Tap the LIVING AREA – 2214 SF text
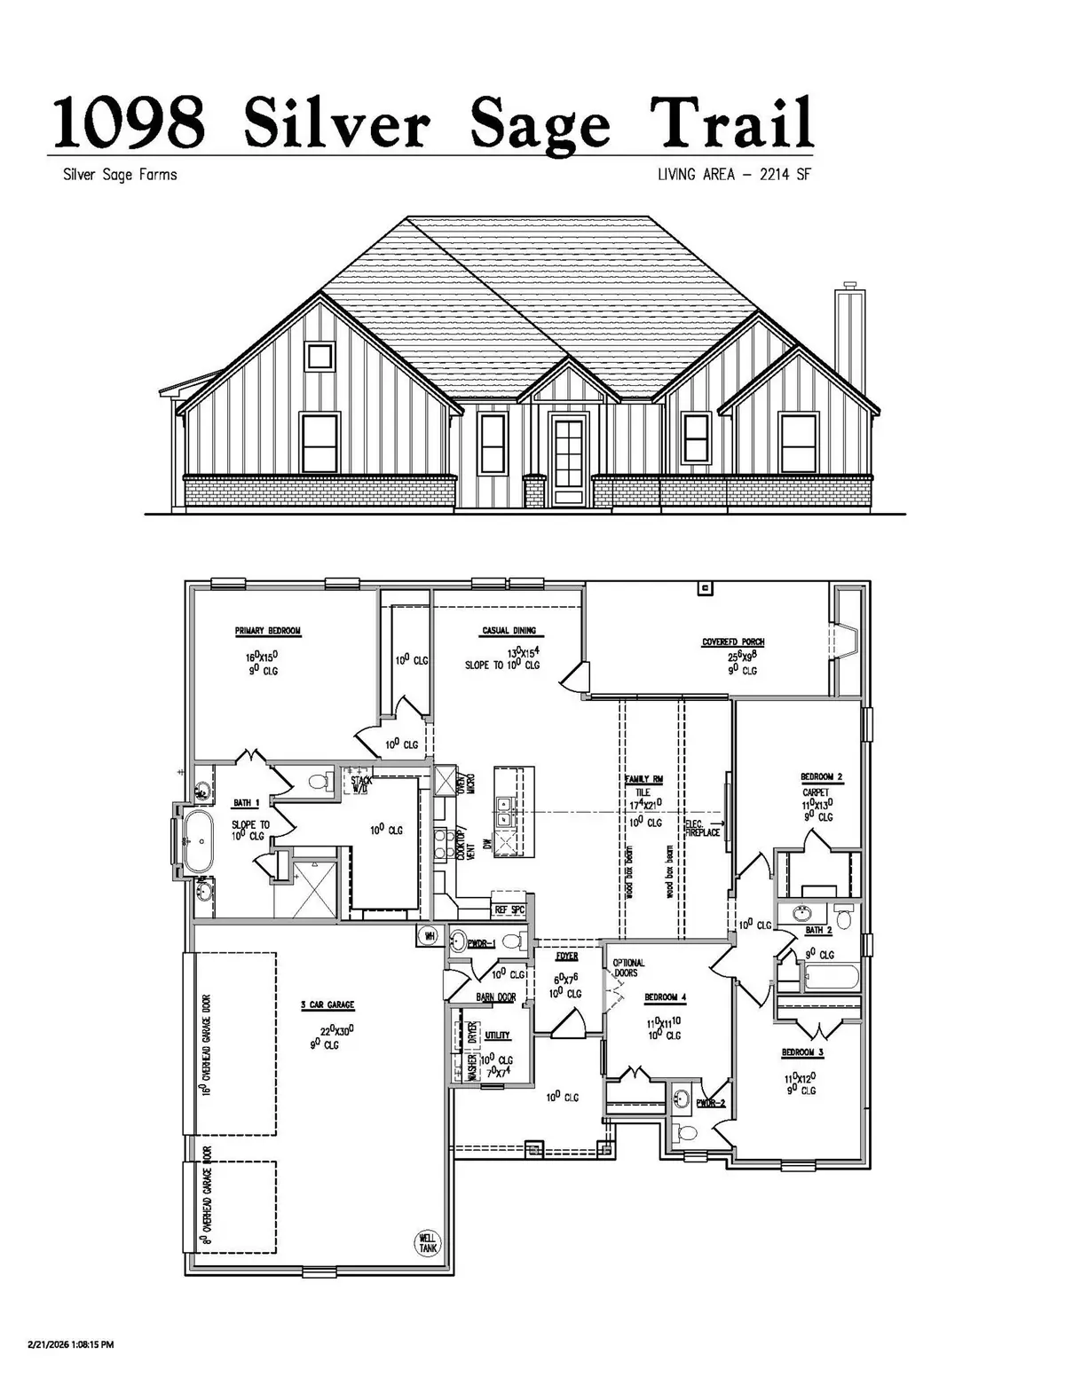click(733, 175)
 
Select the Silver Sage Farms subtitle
click(120, 175)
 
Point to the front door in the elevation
click(568, 458)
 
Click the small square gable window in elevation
click(319, 357)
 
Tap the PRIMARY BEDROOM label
click(267, 631)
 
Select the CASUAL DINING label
click(509, 631)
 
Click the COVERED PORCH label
click(732, 642)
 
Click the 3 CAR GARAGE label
click(327, 1004)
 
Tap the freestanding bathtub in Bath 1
click(195, 840)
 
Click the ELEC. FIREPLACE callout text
click(703, 829)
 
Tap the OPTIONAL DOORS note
click(628, 967)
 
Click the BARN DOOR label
click(495, 997)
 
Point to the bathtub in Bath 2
click(831, 978)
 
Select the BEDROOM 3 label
click(797, 1052)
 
